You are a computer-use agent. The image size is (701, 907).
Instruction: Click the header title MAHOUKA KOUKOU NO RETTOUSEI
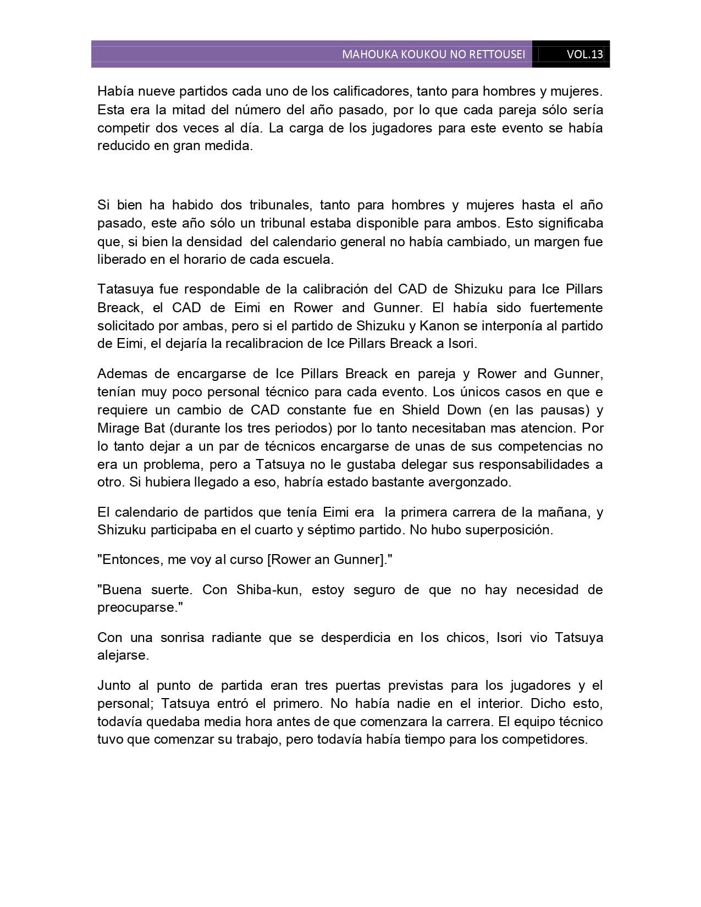click(x=433, y=54)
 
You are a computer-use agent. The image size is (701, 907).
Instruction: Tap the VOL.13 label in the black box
click(x=584, y=54)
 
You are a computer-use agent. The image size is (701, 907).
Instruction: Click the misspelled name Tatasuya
click(x=124, y=289)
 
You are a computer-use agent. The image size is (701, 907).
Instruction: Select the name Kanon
click(x=439, y=325)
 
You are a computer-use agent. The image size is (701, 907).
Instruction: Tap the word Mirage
click(x=120, y=428)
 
